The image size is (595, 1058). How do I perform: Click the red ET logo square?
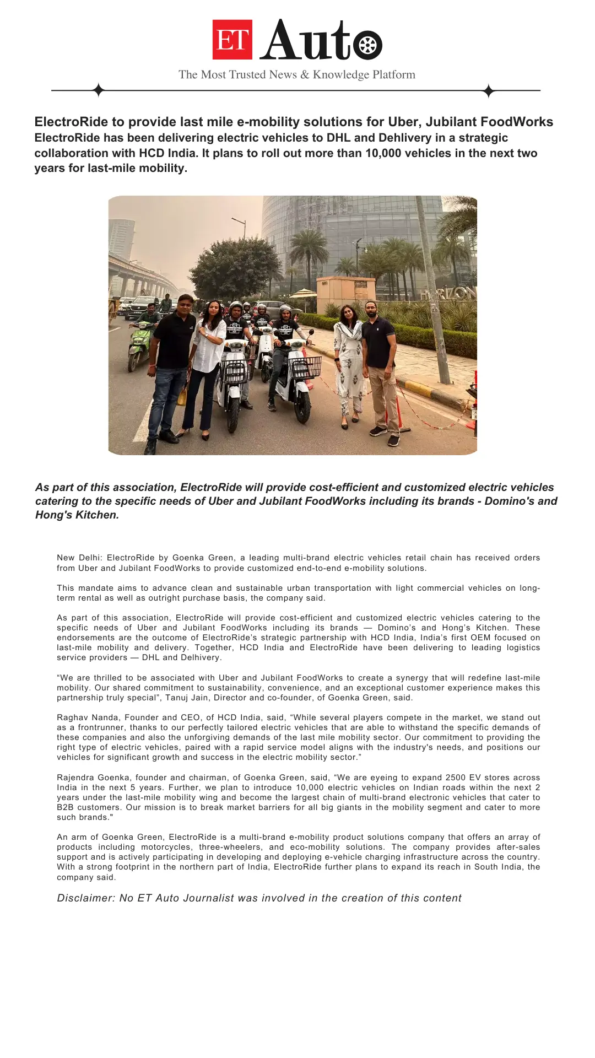(x=232, y=40)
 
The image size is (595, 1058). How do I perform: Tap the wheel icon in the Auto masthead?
(x=367, y=45)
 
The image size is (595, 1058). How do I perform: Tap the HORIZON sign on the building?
(x=448, y=294)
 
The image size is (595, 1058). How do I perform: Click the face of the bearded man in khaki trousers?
(x=371, y=309)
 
